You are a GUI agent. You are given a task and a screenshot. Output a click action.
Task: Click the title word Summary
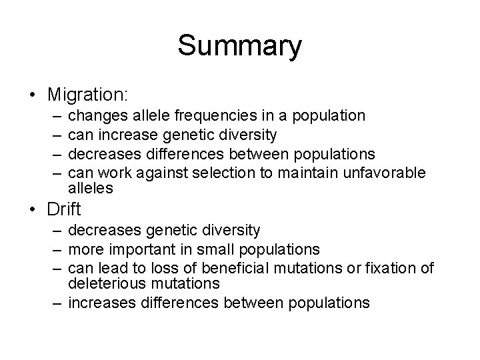pos(239,46)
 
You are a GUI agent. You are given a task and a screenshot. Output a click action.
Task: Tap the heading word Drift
pos(64,209)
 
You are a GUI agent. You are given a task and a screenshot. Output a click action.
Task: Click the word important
pos(138,249)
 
